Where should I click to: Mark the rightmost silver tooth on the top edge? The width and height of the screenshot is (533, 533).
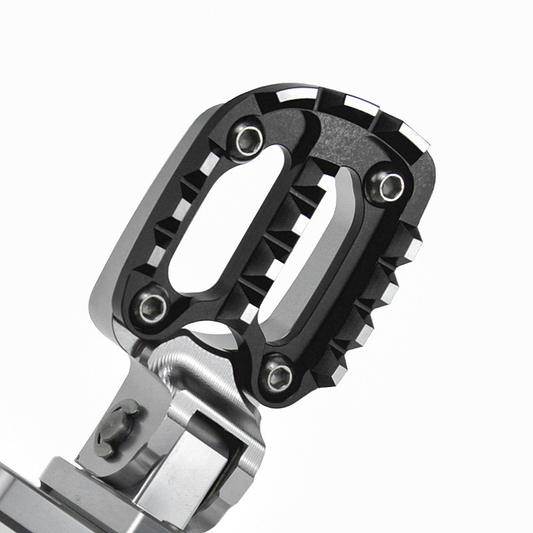(x=414, y=137)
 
